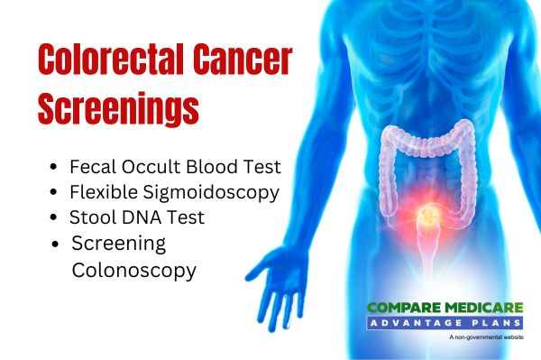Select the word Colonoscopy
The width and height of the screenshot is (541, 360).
(x=133, y=270)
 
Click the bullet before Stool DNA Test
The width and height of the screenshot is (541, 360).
(x=58, y=218)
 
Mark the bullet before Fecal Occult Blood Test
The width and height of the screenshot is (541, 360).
(x=58, y=168)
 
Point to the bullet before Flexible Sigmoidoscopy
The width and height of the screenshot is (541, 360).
(x=58, y=193)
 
